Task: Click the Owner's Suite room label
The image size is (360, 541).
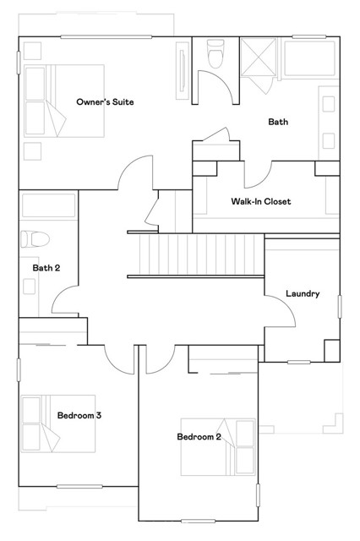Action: coord(106,102)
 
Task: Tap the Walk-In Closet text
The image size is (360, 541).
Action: coord(261,202)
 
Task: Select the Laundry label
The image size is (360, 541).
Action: coord(303,294)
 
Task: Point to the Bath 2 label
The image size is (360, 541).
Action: coord(46,269)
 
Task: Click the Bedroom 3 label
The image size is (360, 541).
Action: coord(79,415)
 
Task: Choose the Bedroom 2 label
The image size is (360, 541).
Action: coord(199,437)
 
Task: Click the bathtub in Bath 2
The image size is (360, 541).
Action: coord(48,206)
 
